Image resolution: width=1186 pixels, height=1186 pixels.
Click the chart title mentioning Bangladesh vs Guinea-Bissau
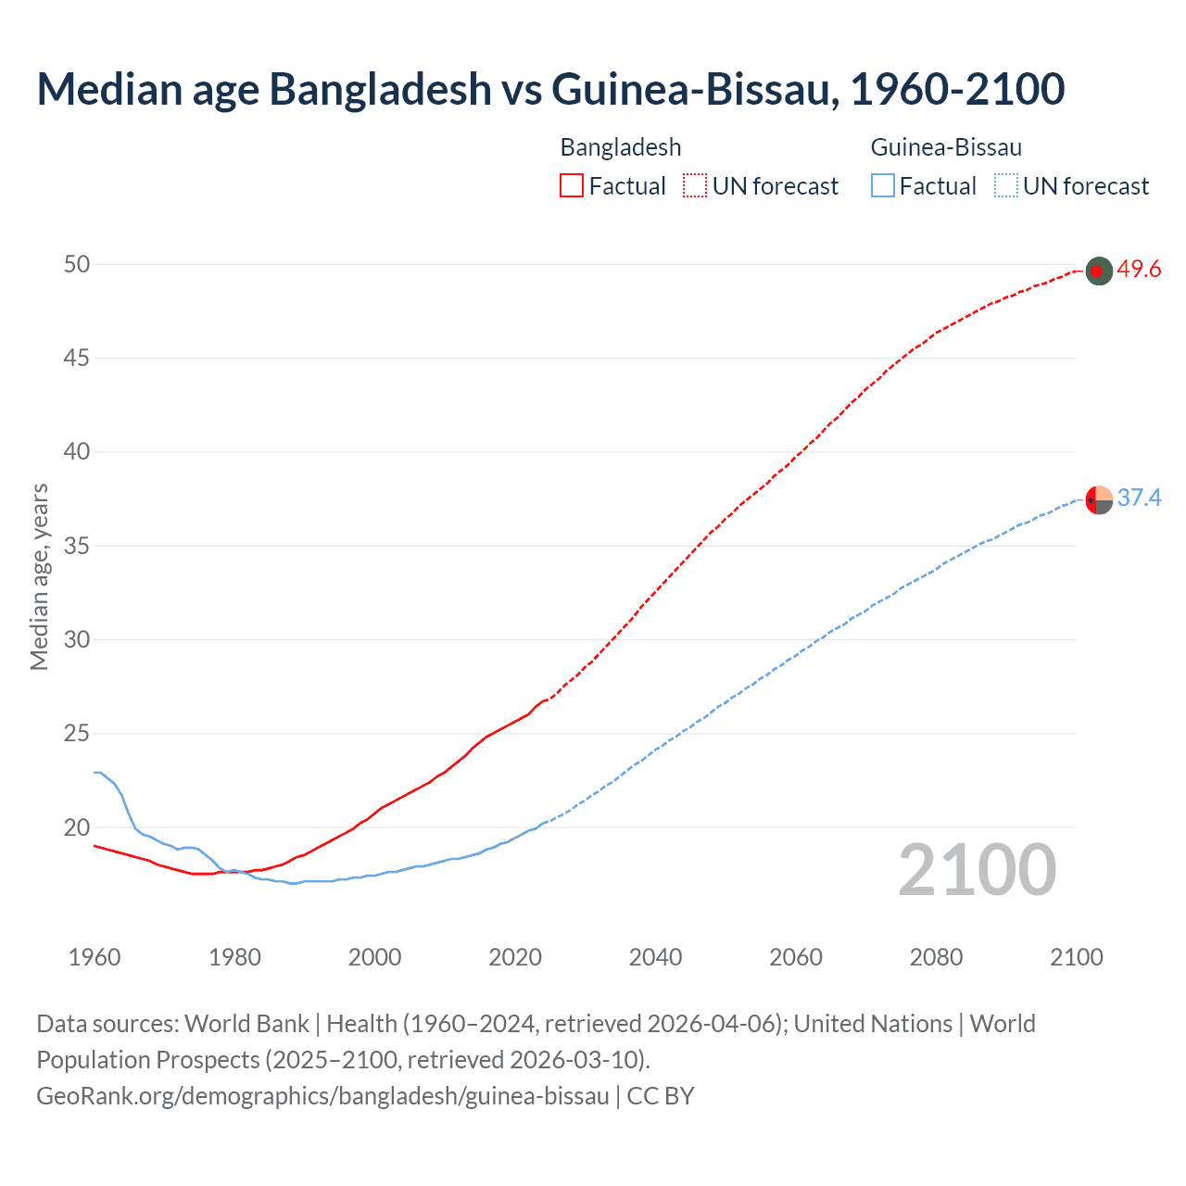[550, 89]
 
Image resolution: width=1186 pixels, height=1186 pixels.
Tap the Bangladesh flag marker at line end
[1098, 271]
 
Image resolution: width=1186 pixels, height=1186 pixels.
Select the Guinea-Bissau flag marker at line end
[1098, 499]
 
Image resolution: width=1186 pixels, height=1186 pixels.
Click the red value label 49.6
[1139, 270]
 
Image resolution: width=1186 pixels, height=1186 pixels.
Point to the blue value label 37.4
[1139, 498]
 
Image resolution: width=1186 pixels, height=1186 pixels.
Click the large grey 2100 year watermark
[977, 869]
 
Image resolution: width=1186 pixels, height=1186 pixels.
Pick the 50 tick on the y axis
[77, 265]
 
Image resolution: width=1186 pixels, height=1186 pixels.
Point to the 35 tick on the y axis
[77, 546]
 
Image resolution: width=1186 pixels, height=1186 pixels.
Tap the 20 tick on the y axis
[77, 827]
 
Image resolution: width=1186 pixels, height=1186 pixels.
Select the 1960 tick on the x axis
[95, 957]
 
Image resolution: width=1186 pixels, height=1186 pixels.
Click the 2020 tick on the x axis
[515, 957]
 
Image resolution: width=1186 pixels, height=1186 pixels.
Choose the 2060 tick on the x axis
[796, 957]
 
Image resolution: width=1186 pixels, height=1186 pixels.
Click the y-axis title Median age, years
[39, 576]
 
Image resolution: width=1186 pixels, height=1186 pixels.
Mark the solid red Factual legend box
[572, 186]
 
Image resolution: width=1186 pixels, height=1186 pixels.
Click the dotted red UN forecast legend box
[695, 186]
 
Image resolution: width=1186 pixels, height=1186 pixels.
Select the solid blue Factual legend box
[883, 186]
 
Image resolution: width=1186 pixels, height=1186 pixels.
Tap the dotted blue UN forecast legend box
[1006, 186]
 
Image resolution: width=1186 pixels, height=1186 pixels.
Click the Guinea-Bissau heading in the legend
[946, 147]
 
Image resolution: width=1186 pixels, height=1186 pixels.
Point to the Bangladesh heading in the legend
[621, 147]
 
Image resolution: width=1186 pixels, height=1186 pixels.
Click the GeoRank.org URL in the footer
[322, 1096]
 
